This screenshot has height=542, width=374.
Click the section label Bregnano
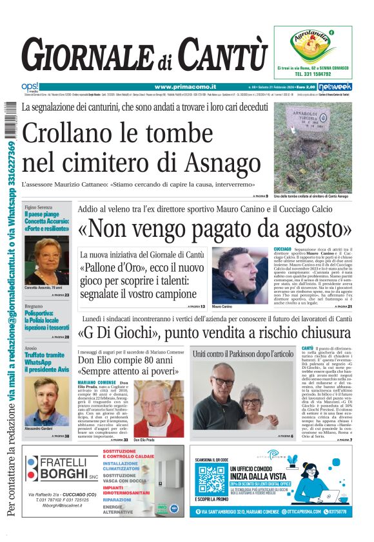[35, 306]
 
